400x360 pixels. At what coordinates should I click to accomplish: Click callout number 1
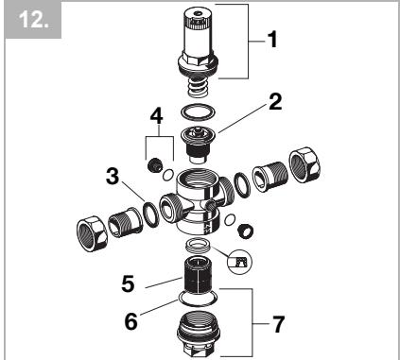click(x=275, y=42)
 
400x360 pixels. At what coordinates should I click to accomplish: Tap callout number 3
click(x=112, y=176)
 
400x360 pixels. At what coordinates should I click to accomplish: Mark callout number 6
click(x=131, y=319)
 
